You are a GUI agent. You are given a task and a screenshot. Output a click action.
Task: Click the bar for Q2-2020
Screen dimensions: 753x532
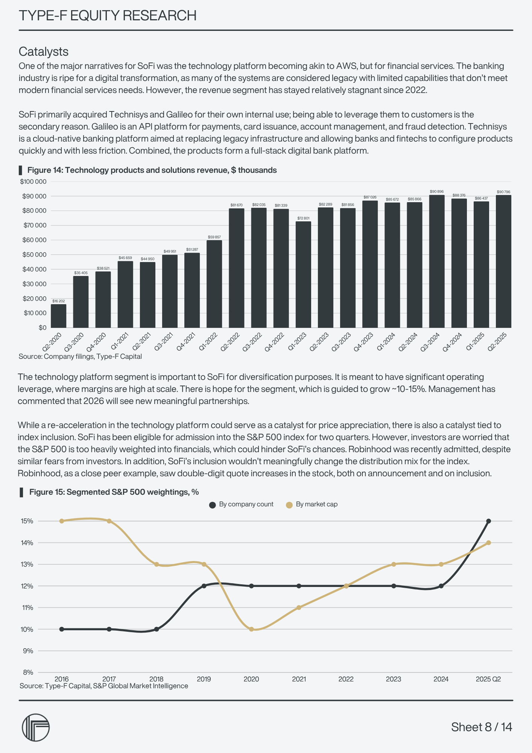coord(58,316)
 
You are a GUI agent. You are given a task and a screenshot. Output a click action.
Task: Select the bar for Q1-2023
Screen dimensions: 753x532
coord(303,274)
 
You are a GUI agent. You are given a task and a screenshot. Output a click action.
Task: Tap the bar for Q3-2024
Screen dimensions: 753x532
coord(436,261)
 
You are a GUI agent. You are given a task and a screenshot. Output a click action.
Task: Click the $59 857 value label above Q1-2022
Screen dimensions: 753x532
coord(214,237)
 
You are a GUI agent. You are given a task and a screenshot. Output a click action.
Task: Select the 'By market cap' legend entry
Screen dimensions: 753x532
coord(312,505)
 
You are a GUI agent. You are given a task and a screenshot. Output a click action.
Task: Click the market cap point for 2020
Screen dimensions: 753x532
coord(251,629)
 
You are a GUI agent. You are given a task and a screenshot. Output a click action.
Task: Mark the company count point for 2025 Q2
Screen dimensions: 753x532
coord(488,521)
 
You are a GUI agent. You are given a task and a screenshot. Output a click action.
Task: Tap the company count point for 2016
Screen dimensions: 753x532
coord(62,629)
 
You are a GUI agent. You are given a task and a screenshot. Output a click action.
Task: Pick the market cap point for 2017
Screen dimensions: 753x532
coord(109,521)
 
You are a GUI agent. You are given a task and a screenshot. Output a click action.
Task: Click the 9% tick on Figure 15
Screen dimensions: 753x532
coord(28,651)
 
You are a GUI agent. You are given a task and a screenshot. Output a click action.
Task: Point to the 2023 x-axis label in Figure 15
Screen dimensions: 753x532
coord(394,679)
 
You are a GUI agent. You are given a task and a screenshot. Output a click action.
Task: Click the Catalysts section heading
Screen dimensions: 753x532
coord(44,52)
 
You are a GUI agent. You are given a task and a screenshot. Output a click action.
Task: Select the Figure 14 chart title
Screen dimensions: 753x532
coord(152,170)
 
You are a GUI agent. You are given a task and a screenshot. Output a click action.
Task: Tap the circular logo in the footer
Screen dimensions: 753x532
coord(36,727)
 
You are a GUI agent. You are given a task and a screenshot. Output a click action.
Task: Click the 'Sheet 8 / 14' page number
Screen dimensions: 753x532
coord(482,727)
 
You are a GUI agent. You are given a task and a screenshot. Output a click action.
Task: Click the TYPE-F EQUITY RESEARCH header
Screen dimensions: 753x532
coord(108,16)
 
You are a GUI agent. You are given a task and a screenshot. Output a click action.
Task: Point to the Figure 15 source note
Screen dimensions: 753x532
coord(104,686)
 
